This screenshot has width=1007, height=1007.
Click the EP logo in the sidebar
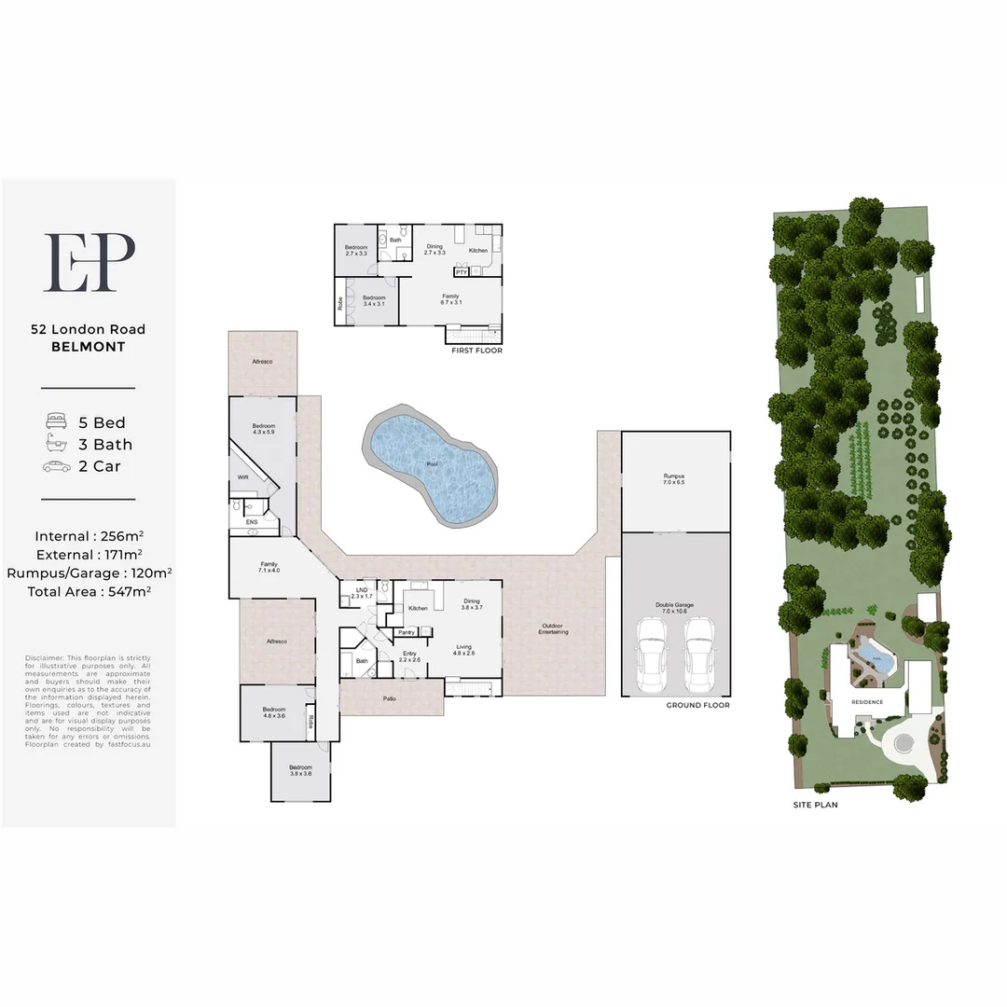click(90, 262)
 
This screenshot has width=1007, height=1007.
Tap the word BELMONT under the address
click(89, 347)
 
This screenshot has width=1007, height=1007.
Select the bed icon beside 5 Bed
click(57, 422)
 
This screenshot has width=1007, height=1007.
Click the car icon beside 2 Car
click(57, 466)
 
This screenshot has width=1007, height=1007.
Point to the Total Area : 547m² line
click(89, 591)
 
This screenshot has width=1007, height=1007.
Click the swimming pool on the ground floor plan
click(432, 462)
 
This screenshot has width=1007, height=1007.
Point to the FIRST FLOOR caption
click(476, 351)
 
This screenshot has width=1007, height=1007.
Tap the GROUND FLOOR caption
click(697, 706)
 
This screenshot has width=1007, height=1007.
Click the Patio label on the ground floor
click(390, 698)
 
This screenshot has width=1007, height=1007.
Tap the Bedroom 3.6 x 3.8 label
click(300, 770)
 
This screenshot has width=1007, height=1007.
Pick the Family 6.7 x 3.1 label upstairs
click(451, 299)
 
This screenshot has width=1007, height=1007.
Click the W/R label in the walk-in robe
click(242, 476)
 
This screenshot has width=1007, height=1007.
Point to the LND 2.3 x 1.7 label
click(362, 593)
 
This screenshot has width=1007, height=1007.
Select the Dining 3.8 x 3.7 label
click(471, 604)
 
